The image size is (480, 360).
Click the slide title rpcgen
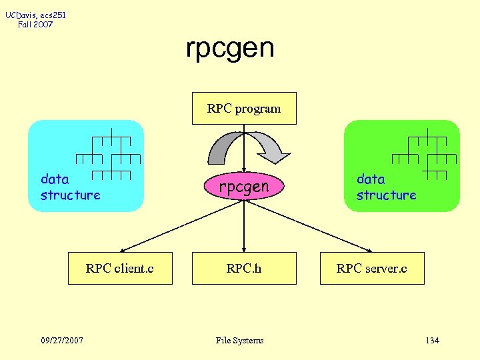click(x=230, y=48)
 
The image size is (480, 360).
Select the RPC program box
click(x=244, y=108)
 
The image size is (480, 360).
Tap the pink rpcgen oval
click(x=244, y=187)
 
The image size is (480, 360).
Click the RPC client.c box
click(x=120, y=268)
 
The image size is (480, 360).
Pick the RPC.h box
click(x=244, y=268)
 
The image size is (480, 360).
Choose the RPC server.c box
click(x=372, y=268)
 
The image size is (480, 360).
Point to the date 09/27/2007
click(x=62, y=341)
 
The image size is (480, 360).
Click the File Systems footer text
click(x=240, y=341)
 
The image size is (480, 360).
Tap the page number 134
click(x=432, y=341)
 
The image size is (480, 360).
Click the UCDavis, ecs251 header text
click(x=36, y=15)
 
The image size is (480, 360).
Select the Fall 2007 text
click(x=36, y=25)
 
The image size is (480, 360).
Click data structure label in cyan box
click(x=70, y=187)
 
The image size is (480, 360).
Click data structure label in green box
click(x=386, y=187)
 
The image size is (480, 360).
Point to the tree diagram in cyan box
click(x=110, y=153)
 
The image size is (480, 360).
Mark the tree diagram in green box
click(x=425, y=153)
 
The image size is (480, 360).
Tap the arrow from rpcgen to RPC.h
click(x=245, y=227)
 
